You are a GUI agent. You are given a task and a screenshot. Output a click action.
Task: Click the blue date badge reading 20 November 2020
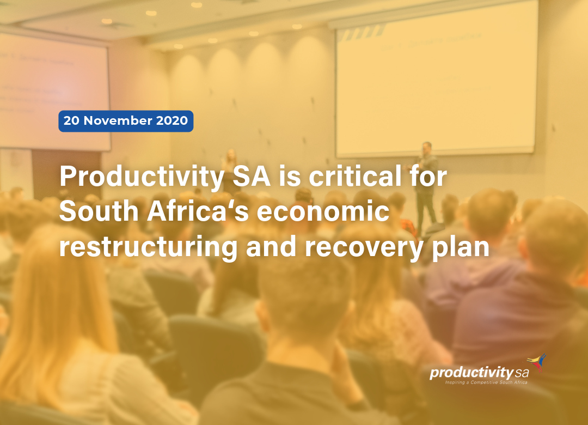click(x=126, y=121)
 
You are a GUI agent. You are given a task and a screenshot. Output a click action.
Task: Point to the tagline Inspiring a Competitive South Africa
click(x=486, y=382)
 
